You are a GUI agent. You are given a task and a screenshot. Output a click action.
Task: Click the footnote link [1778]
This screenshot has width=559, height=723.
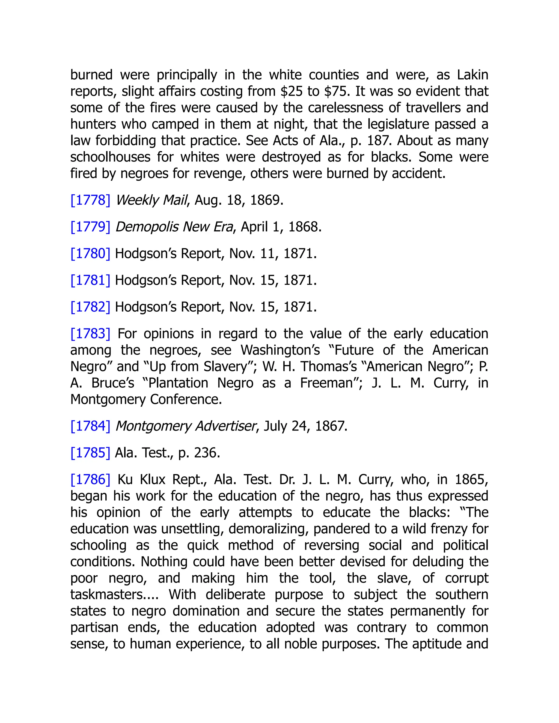pyautogui.click(x=90, y=200)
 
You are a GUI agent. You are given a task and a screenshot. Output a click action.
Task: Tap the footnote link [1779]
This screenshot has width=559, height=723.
pyautogui.click(x=90, y=227)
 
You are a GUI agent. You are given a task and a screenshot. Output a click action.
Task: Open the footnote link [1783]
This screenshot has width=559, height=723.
pyautogui.click(x=90, y=334)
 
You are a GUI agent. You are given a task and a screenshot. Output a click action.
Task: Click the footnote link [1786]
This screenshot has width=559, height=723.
pyautogui.click(x=90, y=480)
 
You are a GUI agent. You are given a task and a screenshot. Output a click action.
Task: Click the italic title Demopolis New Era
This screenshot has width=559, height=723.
pyautogui.click(x=174, y=227)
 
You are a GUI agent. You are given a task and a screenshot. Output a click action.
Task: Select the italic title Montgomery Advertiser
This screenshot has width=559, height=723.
pyautogui.click(x=186, y=426)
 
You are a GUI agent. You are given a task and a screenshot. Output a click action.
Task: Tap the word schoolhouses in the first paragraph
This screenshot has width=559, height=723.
pyautogui.click(x=110, y=157)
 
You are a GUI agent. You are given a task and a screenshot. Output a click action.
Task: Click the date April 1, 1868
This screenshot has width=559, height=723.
pyautogui.click(x=281, y=227)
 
